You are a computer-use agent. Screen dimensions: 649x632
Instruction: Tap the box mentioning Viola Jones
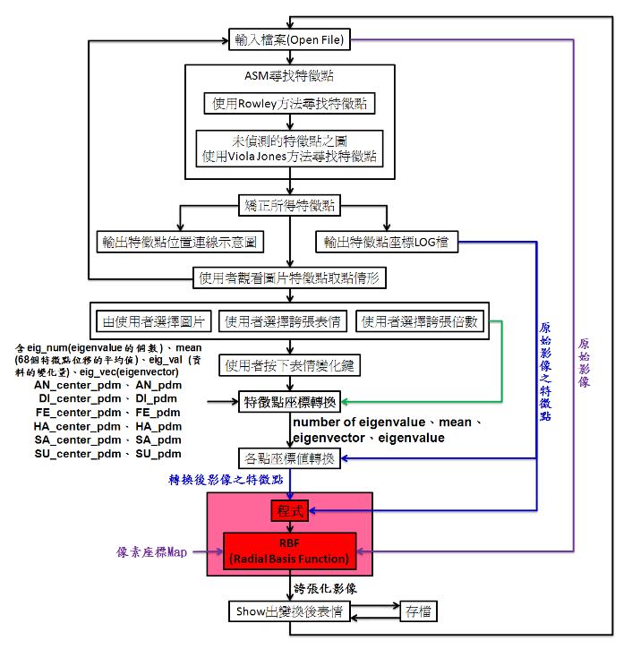290,149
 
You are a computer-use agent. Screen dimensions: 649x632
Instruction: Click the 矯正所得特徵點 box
288,206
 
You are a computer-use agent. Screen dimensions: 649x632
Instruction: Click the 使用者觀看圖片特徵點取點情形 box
288,278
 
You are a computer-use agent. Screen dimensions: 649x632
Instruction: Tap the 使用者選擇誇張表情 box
284,320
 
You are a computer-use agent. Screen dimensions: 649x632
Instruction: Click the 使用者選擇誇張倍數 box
419,320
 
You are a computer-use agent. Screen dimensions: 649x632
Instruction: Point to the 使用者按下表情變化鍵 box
288,365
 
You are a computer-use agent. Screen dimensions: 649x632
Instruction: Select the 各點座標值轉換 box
288,458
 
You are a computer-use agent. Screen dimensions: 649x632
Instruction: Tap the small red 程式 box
288,511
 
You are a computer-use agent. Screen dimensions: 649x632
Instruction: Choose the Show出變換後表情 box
288,611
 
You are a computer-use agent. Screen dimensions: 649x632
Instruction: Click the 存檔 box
418,611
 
